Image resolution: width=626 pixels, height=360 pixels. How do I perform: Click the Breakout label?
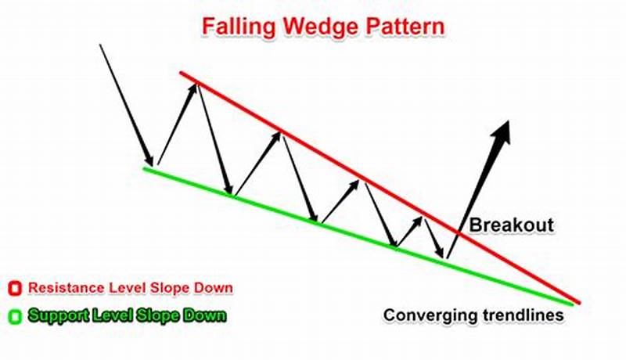tap(511, 225)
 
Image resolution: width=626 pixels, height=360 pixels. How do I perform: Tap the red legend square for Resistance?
tap(13, 287)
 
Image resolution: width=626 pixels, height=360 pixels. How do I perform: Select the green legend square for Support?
tap(13, 316)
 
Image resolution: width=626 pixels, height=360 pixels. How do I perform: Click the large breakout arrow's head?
tap(502, 131)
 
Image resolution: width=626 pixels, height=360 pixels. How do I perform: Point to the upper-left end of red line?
tap(182, 73)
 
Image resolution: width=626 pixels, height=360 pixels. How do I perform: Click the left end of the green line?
tap(146, 167)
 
